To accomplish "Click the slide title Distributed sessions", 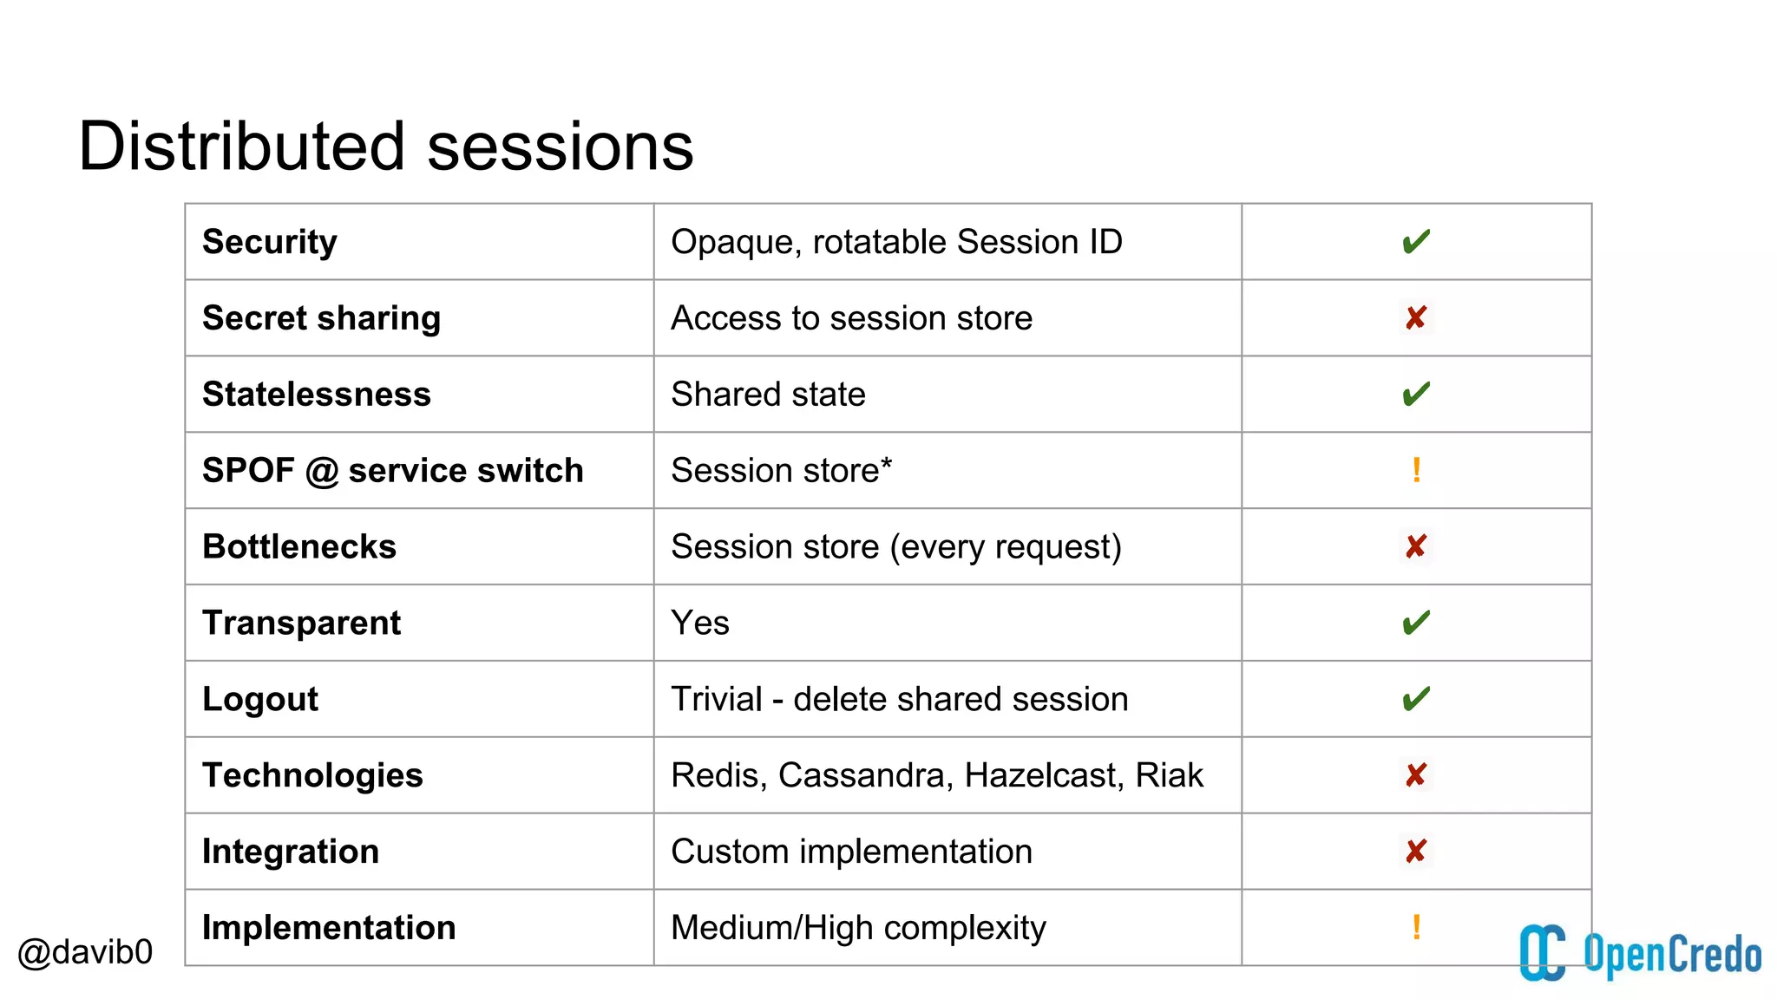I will click(x=385, y=147).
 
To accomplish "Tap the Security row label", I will click(x=270, y=242).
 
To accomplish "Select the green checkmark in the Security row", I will click(x=1416, y=242).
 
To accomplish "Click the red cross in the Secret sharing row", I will click(x=1416, y=318).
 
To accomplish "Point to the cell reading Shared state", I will click(x=768, y=395).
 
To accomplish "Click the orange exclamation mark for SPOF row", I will click(x=1416, y=470).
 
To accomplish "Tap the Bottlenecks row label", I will click(x=299, y=547).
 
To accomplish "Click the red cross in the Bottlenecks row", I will click(x=1416, y=546).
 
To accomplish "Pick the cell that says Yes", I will click(x=700, y=624).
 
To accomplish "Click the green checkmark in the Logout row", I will click(x=1416, y=699).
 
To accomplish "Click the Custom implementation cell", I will click(x=851, y=852).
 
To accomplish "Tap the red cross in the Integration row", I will click(x=1416, y=852).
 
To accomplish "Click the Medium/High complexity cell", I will click(x=858, y=928).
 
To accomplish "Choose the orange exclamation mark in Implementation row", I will click(x=1416, y=927).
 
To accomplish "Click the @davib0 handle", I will click(x=85, y=952).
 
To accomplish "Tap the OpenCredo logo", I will click(x=1639, y=953).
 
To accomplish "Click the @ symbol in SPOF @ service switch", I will click(x=322, y=472).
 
